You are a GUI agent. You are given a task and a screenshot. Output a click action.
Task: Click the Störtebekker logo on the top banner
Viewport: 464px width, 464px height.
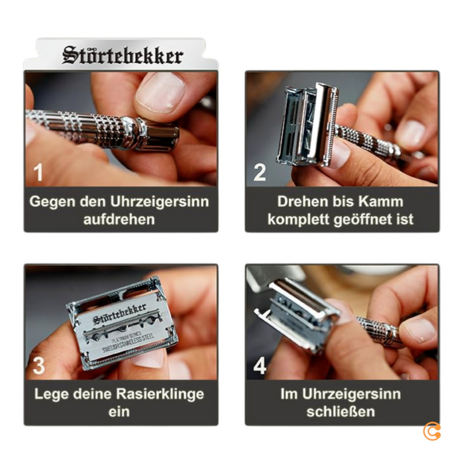click(x=122, y=56)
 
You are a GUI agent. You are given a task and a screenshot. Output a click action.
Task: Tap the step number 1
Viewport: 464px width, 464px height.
click(x=38, y=172)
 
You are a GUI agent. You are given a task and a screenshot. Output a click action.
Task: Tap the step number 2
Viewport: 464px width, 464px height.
click(x=260, y=172)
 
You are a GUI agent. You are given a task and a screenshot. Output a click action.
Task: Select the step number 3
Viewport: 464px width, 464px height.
click(x=38, y=366)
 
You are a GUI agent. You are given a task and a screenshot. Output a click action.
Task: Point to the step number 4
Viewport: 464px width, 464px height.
click(x=260, y=366)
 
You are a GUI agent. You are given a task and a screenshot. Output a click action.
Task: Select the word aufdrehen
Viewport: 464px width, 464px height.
click(x=119, y=220)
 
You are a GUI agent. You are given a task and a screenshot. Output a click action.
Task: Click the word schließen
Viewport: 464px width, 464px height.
click(x=341, y=412)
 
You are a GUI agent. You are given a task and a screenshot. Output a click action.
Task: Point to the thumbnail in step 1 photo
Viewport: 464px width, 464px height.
click(x=160, y=93)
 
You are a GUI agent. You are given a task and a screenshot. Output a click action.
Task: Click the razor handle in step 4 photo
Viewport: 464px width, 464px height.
click(x=380, y=332)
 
